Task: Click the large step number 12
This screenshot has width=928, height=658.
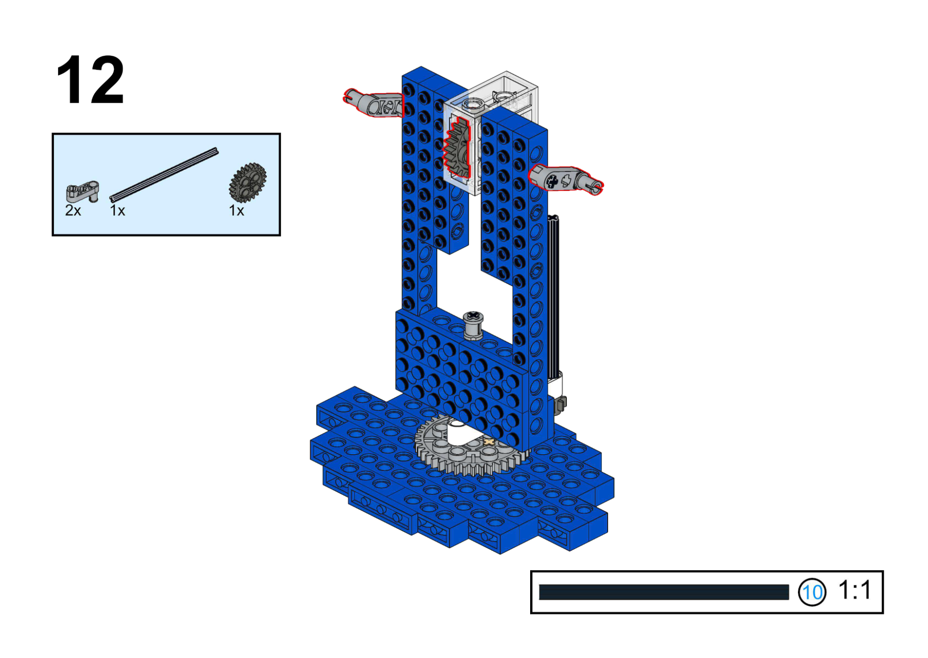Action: (x=90, y=79)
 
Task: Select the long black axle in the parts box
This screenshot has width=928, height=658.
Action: (x=164, y=174)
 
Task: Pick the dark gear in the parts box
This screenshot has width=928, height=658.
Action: (x=248, y=182)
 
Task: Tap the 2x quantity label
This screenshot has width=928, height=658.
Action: (x=73, y=211)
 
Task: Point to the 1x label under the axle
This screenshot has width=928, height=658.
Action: (x=117, y=211)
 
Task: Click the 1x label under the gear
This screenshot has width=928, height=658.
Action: (x=236, y=211)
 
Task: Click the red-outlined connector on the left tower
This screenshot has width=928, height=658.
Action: (x=374, y=103)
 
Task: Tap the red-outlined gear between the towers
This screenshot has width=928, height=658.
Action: (x=457, y=148)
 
